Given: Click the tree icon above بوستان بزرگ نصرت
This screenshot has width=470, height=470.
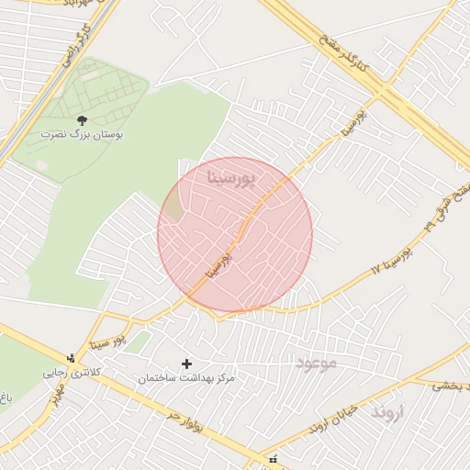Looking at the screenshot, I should [81, 119].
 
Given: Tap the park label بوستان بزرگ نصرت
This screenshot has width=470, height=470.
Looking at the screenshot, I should [81, 134].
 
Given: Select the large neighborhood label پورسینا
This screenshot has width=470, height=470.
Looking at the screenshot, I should [237, 173].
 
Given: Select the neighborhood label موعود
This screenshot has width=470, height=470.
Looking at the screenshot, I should [316, 363].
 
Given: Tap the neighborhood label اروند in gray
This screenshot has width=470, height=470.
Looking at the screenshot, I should [386, 413].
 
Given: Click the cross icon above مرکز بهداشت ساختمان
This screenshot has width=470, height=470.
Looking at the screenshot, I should [187, 364].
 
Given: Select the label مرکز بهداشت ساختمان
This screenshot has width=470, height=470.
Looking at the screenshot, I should [187, 378].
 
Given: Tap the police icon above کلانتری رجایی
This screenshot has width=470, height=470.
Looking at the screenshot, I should [72, 358].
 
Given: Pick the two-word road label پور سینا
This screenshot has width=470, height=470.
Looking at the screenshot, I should [106, 342].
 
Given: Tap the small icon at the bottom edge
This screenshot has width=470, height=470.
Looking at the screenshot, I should [271, 459].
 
